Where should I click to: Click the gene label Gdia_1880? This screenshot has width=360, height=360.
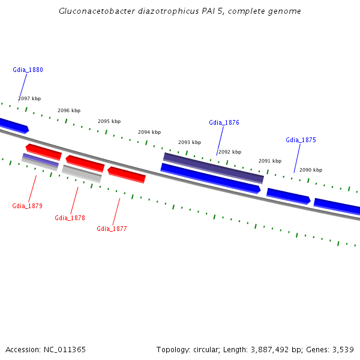[28, 70]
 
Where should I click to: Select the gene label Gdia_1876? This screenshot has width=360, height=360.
[224, 122]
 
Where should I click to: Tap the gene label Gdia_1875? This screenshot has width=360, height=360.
[301, 140]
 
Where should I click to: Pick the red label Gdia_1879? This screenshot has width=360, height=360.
[27, 206]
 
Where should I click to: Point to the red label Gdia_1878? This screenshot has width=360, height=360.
[70, 218]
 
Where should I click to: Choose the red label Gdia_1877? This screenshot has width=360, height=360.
[112, 229]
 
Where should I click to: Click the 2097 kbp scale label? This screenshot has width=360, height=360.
[29, 98]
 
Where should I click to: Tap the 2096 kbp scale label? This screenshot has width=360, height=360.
[69, 110]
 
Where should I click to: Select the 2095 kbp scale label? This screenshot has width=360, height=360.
[109, 121]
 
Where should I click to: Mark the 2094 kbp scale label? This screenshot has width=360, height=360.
[149, 132]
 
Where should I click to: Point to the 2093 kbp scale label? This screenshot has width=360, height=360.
[190, 142]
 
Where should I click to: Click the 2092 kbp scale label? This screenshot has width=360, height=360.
[230, 152]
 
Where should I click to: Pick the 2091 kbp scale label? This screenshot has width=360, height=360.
[270, 161]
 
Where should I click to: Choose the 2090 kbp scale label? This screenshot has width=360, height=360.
[311, 170]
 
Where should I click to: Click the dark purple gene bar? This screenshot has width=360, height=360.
[213, 167]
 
